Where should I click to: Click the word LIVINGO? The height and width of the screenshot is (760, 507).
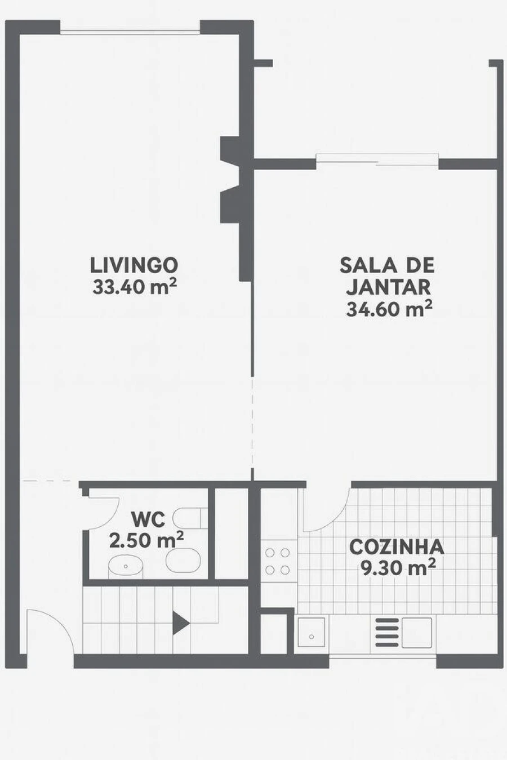(134, 264)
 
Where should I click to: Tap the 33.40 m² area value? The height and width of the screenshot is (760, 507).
(134, 287)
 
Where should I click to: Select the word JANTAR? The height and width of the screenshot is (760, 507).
(388, 287)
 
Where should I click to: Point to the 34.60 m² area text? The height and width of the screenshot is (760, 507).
(389, 309)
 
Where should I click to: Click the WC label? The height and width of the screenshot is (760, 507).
(148, 518)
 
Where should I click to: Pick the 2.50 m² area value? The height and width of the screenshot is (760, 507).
(146, 540)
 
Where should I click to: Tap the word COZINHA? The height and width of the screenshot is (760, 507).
(396, 546)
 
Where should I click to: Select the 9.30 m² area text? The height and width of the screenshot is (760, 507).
(398, 568)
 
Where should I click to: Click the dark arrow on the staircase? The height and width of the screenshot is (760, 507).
(180, 623)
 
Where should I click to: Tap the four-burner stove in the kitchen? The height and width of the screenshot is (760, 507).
(278, 561)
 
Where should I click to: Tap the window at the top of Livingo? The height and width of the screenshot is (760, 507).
(130, 32)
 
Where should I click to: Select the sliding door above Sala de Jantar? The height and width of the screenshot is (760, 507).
(376, 160)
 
